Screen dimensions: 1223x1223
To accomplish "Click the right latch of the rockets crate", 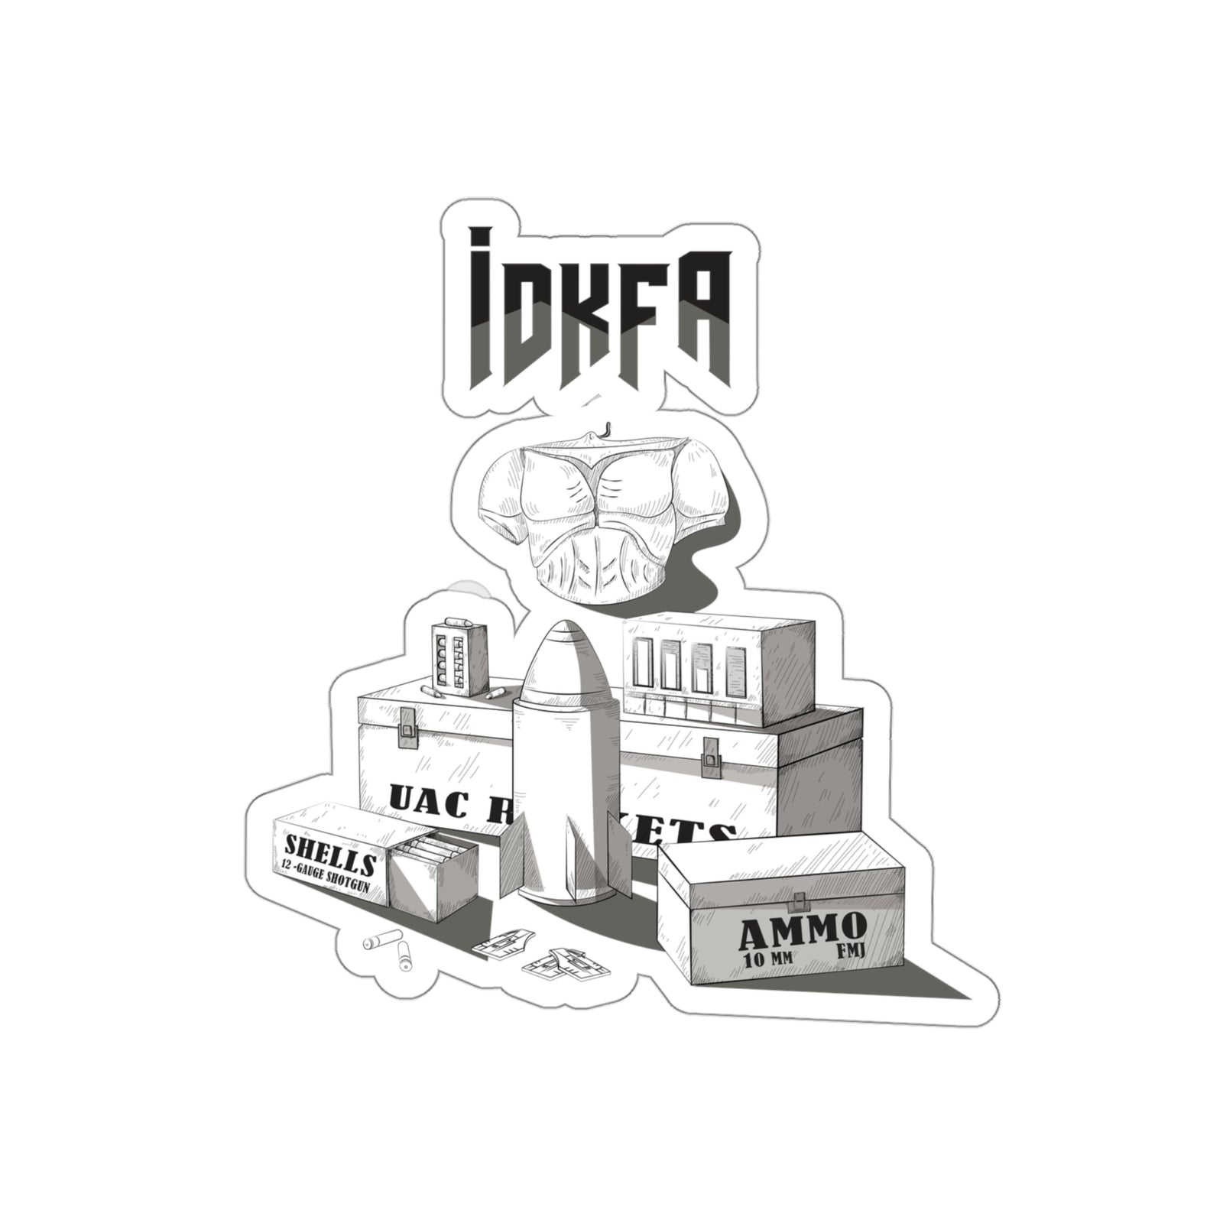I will [x=712, y=754].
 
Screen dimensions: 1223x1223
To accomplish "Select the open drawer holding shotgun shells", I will [x=432, y=871].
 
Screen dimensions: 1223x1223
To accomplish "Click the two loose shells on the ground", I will [x=390, y=948].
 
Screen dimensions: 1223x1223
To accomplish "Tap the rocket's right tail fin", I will [x=619, y=852].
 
